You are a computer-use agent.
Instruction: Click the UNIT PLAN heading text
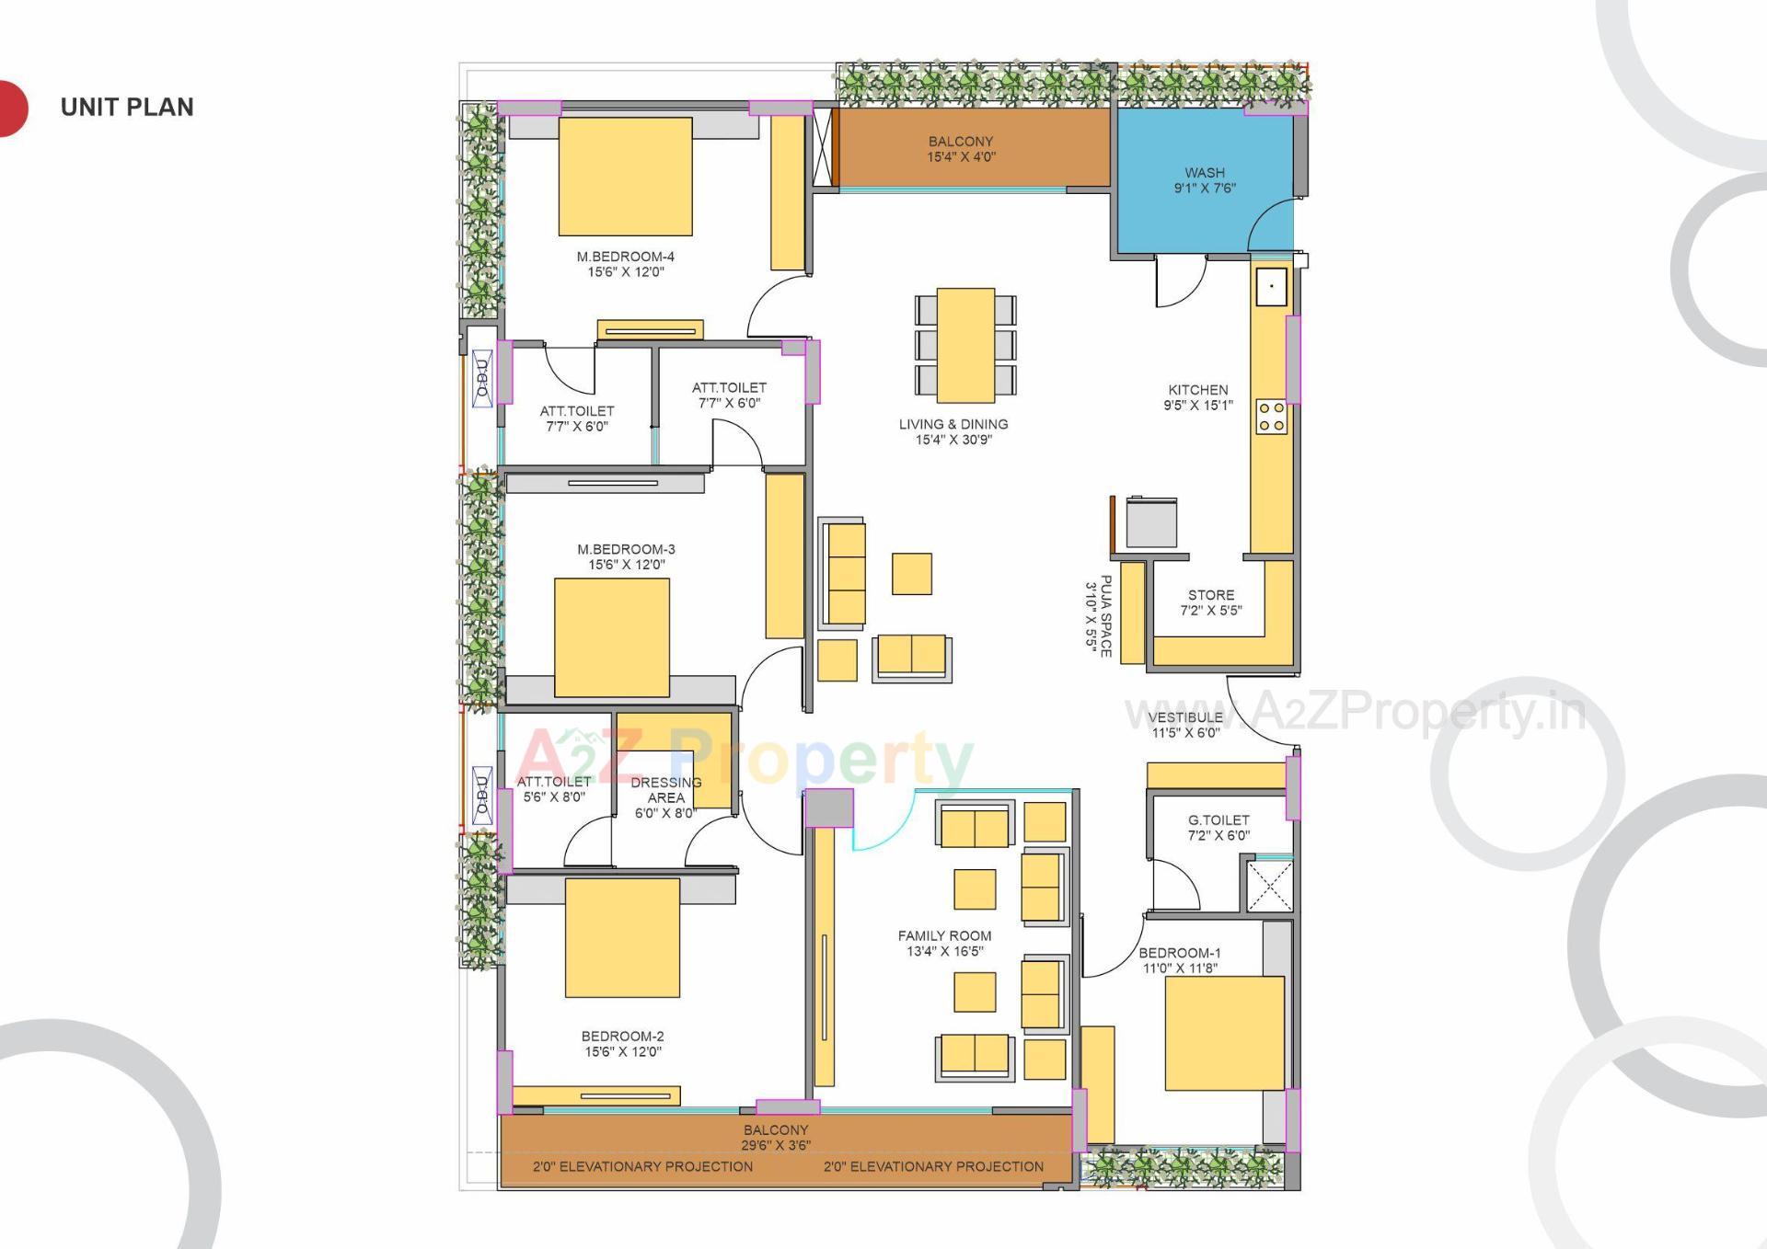(x=127, y=108)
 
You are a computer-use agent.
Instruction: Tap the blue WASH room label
(x=1204, y=180)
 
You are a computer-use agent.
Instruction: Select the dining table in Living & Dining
(x=965, y=345)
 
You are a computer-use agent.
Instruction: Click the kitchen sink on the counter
(x=1272, y=286)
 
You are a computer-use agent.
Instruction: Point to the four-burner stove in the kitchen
(x=1272, y=417)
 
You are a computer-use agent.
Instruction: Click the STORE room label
(x=1210, y=602)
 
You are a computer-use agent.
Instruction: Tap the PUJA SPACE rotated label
(x=1099, y=615)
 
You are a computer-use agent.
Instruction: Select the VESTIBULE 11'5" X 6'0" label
(x=1184, y=725)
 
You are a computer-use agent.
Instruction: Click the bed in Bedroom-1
(x=1224, y=1033)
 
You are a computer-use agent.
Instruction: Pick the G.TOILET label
(x=1218, y=828)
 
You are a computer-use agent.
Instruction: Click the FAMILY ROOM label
(x=944, y=943)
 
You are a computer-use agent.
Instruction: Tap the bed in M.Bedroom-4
(x=625, y=177)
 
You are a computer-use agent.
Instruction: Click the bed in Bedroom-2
(x=622, y=937)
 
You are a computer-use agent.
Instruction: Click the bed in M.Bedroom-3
(x=611, y=637)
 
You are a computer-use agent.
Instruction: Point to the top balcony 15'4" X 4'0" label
(x=960, y=149)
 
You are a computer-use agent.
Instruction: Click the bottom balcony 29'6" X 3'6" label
(x=775, y=1138)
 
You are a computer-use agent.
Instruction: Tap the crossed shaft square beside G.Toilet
(x=1269, y=886)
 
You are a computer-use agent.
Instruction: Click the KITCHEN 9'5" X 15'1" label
(x=1197, y=397)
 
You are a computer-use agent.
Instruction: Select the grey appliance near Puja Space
(x=1151, y=522)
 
